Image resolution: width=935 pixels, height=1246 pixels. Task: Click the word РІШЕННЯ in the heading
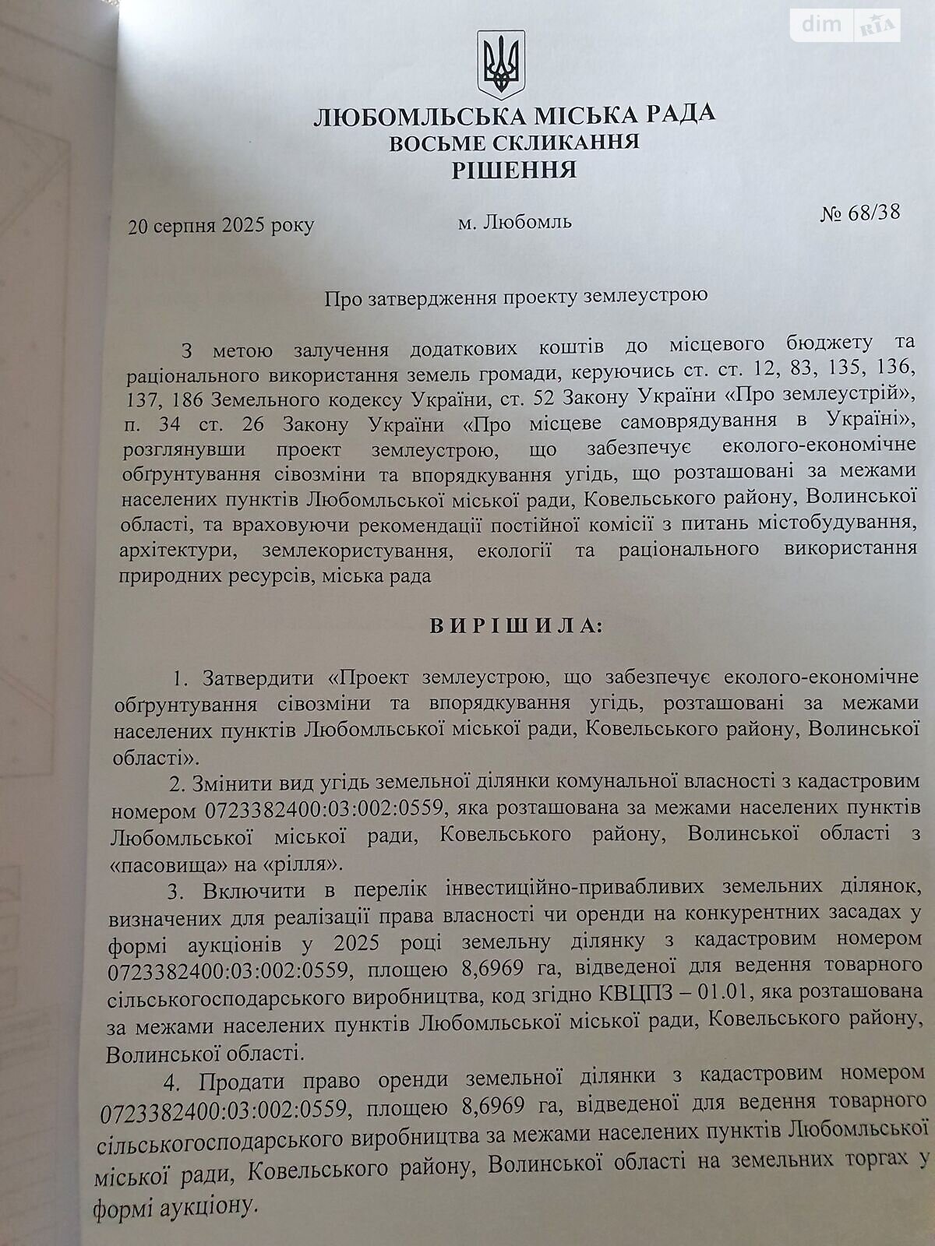(514, 170)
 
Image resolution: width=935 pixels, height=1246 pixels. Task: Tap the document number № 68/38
(859, 213)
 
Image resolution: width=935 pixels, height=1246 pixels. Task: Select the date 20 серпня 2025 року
(221, 226)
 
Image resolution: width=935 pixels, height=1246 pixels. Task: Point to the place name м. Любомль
(514, 222)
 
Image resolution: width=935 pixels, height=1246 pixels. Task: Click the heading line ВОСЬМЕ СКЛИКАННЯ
(514, 143)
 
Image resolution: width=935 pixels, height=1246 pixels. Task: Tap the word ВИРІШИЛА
(516, 626)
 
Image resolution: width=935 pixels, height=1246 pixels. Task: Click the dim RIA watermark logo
(846, 25)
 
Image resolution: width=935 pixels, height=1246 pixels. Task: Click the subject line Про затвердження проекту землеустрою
(516, 297)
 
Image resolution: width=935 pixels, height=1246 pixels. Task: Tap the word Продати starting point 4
(240, 1082)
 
